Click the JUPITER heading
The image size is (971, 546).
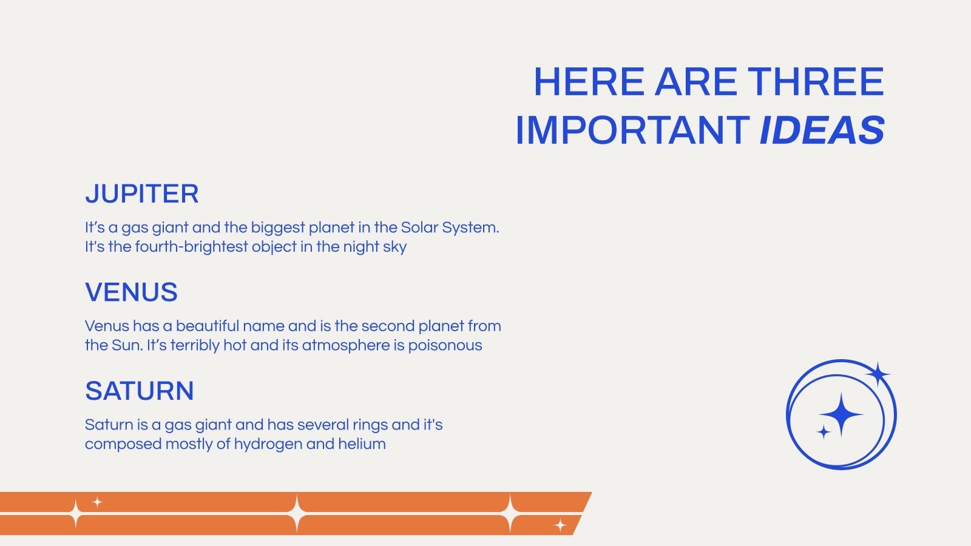[142, 194]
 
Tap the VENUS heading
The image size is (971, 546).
[131, 292]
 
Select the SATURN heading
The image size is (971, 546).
[139, 391]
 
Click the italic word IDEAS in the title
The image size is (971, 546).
[822, 130]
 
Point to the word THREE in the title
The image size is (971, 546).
[816, 81]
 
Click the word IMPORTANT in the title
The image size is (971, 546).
[632, 130]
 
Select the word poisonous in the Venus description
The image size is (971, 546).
[445, 346]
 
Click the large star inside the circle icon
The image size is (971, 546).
[841, 415]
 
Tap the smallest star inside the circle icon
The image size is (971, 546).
[823, 432]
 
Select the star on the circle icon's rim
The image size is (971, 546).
[878, 374]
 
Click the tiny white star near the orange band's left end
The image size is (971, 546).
[98, 502]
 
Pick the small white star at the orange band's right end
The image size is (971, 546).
[560, 525]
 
